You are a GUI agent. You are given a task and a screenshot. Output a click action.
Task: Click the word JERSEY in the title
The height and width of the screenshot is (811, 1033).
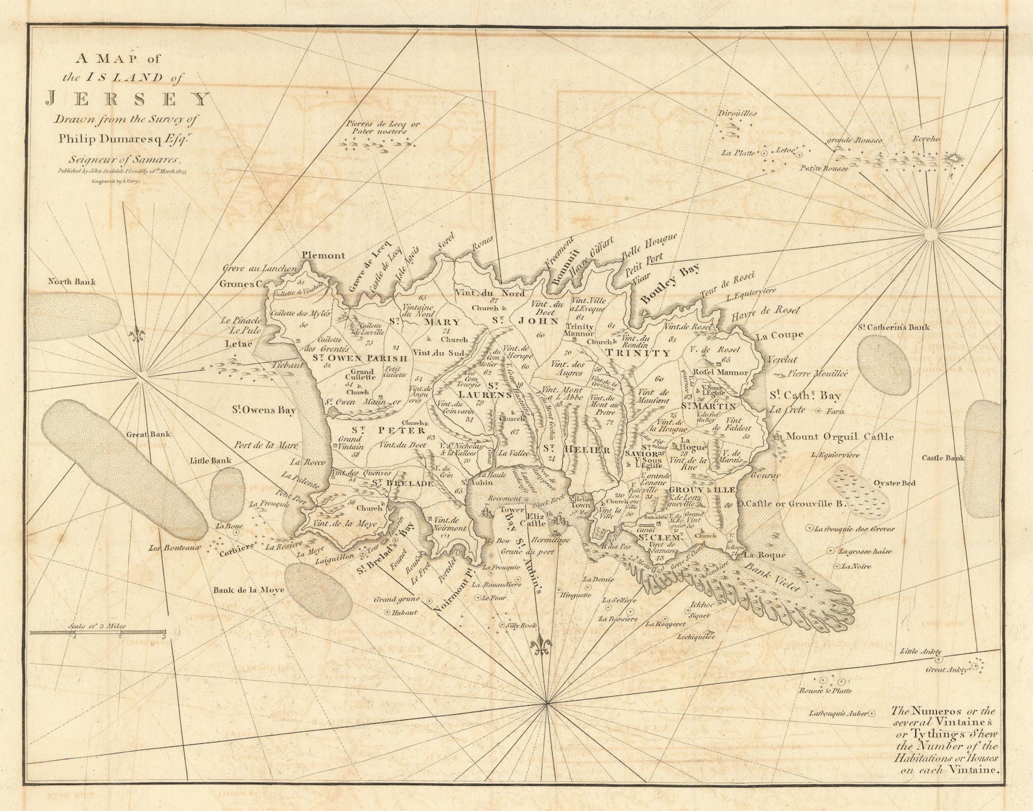point(127,100)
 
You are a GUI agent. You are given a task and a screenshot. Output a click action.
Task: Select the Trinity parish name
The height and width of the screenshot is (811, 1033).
point(638,353)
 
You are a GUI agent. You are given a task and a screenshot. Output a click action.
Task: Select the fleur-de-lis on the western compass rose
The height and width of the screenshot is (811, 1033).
point(135,334)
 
